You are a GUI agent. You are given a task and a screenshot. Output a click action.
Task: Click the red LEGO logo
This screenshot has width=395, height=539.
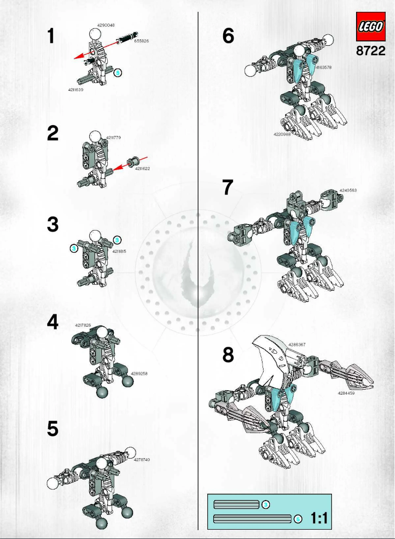coord(370,28)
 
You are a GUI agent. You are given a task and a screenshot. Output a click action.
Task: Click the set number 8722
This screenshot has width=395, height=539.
coord(370,51)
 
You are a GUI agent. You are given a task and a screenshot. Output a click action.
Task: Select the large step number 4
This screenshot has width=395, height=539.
coord(53,323)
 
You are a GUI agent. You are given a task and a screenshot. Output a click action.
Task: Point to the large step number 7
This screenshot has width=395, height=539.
coord(227,187)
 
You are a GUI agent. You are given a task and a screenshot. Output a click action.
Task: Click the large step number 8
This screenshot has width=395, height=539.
coord(228,355)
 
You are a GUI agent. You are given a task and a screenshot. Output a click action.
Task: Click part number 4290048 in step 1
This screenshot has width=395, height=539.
coord(106,25)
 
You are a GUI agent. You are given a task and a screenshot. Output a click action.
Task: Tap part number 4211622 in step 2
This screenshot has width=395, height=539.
coord(143,168)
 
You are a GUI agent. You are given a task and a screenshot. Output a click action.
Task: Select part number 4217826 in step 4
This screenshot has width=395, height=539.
coord(84,326)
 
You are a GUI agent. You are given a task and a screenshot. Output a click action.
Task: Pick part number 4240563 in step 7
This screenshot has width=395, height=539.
coord(348,190)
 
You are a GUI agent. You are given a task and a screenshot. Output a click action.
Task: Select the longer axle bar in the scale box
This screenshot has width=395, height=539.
coord(252,519)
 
